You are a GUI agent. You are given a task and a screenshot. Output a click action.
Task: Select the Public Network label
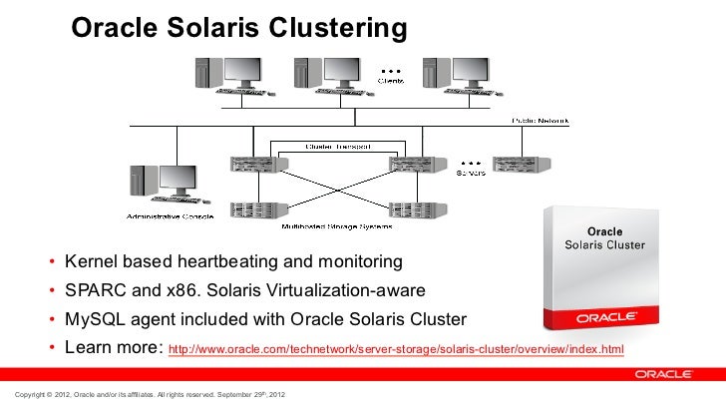[541, 121]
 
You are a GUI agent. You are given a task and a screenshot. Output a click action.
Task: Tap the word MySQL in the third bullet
[94, 320]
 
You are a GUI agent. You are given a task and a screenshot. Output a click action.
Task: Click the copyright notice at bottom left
[145, 398]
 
